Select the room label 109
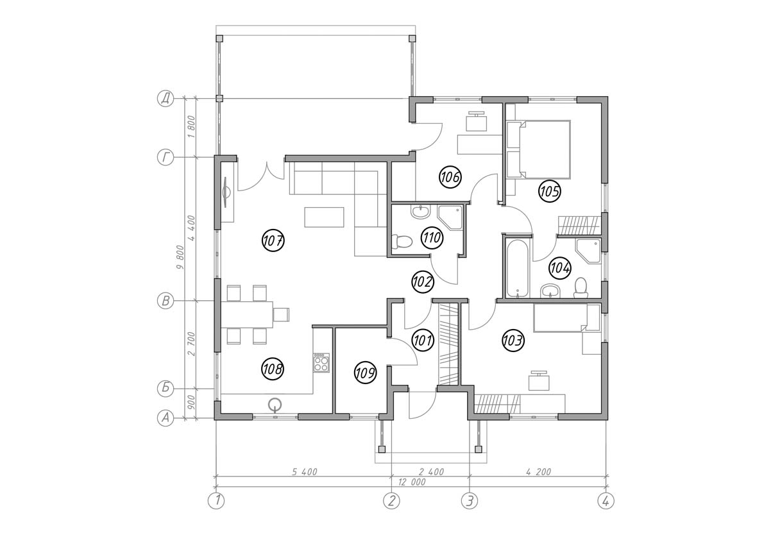[x=364, y=373]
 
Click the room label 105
[x=549, y=190]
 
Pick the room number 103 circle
[x=513, y=341]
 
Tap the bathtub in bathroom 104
[x=517, y=268]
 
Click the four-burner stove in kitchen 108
[x=321, y=364]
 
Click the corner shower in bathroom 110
[x=450, y=216]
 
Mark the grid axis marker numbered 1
[x=217, y=501]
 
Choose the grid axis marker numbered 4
[x=604, y=501]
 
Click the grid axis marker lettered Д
[x=166, y=99]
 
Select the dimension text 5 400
[x=305, y=472]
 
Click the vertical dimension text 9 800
[x=189, y=258]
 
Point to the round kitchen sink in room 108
[x=275, y=403]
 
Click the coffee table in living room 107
[x=325, y=216]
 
